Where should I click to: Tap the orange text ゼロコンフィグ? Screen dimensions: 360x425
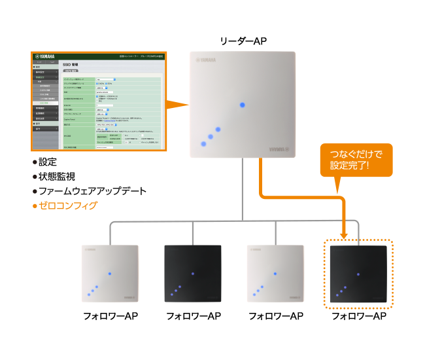pos(67,206)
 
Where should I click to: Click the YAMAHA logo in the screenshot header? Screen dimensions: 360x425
pos(46,57)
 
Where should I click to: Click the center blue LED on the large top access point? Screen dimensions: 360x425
pos(243,105)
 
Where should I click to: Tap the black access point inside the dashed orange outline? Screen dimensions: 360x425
pos(358,274)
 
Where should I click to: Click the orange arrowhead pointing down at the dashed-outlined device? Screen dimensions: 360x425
pos(345,234)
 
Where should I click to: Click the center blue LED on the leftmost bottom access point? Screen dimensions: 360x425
pos(109,273)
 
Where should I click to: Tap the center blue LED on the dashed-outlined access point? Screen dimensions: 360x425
pos(358,274)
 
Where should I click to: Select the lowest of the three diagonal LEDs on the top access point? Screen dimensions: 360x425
pos(203,144)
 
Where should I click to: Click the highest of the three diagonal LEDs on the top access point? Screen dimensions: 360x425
pos(218,130)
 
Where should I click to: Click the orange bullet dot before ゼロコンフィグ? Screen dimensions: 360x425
pos(35,206)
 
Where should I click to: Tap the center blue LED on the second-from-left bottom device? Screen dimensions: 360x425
pos(192,273)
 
